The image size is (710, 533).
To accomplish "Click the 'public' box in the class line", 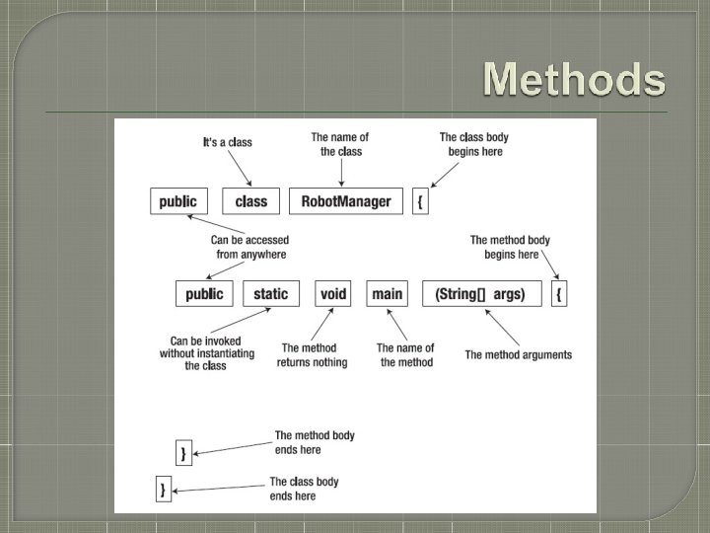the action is point(178,201).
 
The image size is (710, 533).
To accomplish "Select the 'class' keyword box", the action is point(251,201).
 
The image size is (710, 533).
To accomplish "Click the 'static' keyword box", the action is point(271,293).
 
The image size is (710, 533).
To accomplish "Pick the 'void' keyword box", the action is point(333,293).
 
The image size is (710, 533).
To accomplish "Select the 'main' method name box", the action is point(387,293).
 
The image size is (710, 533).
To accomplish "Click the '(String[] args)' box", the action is point(481,293).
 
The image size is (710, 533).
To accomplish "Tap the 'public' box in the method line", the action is point(205,293).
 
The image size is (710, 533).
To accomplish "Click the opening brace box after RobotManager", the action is point(421,201).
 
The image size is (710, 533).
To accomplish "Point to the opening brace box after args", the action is point(559,293).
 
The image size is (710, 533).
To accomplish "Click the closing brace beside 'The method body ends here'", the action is point(182,453).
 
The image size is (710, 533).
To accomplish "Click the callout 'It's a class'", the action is point(227,142).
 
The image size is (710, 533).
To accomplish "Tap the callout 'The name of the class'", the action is point(340,144).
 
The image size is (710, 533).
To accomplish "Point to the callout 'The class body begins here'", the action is point(473,144).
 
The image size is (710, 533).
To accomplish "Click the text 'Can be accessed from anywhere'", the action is point(249,247).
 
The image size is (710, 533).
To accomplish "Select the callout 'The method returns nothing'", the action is point(313,355).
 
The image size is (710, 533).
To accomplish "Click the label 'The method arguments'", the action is point(518,355).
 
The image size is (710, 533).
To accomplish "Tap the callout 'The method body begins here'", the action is point(511,247).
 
